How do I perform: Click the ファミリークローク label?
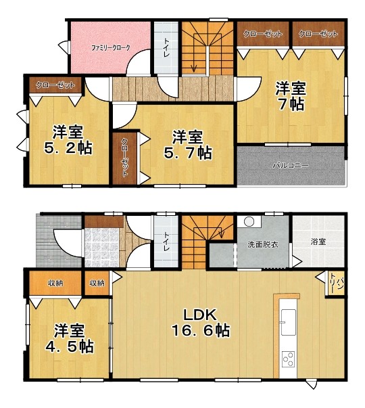[110, 48]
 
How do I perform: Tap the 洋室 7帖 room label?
[291, 96]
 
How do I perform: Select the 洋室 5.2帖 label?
[68, 140]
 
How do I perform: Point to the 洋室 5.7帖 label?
[188, 145]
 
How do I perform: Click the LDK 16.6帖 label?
[200, 323]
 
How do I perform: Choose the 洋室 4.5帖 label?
[70, 338]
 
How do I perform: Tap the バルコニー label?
[291, 166]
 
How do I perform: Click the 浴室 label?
[318, 242]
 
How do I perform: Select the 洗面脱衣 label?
[263, 244]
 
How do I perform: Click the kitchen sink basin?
[288, 322]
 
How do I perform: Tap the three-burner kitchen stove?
[289, 359]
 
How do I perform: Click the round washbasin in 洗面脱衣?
[249, 222]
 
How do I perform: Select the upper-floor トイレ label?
[166, 48]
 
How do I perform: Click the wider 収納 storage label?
[55, 283]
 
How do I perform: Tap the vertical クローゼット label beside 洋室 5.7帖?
[124, 158]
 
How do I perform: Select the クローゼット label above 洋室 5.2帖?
[55, 85]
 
